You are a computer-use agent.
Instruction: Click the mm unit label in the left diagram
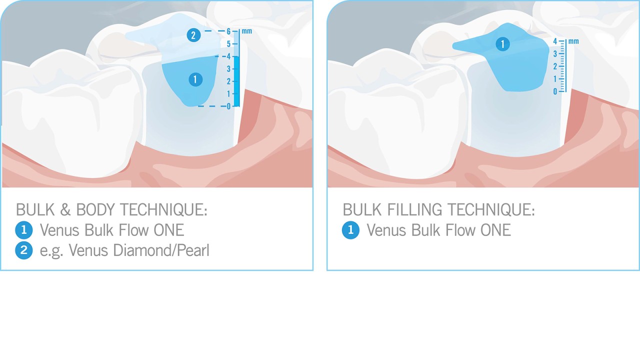tap(246, 31)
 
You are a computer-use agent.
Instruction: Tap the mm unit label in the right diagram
tap(573, 41)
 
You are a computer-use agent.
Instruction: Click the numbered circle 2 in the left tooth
tap(193, 35)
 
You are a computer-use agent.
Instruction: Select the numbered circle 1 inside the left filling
tap(195, 79)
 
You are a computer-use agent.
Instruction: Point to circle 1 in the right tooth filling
tap(502, 44)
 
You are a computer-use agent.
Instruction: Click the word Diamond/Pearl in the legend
tap(161, 250)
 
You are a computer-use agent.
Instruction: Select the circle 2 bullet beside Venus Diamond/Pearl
tap(23, 250)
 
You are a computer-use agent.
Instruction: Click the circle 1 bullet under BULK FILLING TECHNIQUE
tap(350, 230)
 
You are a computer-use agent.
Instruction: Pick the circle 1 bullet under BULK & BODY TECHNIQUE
tap(23, 230)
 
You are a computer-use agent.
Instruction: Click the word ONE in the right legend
tap(495, 230)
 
